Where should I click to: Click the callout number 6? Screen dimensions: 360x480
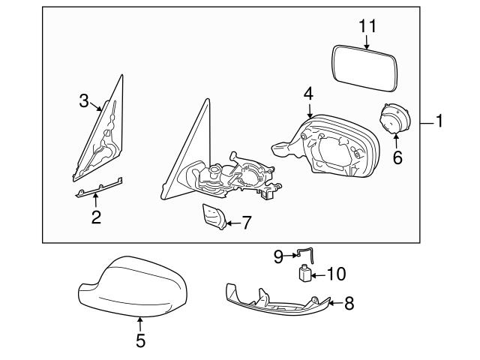[x=397, y=157]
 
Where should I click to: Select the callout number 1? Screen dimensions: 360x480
[x=439, y=120]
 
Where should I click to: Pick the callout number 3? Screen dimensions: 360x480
[x=84, y=100]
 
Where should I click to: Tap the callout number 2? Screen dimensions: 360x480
[x=97, y=218]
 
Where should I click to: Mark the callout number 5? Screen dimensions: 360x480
[x=140, y=340]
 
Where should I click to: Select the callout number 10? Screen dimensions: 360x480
[x=337, y=275]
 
